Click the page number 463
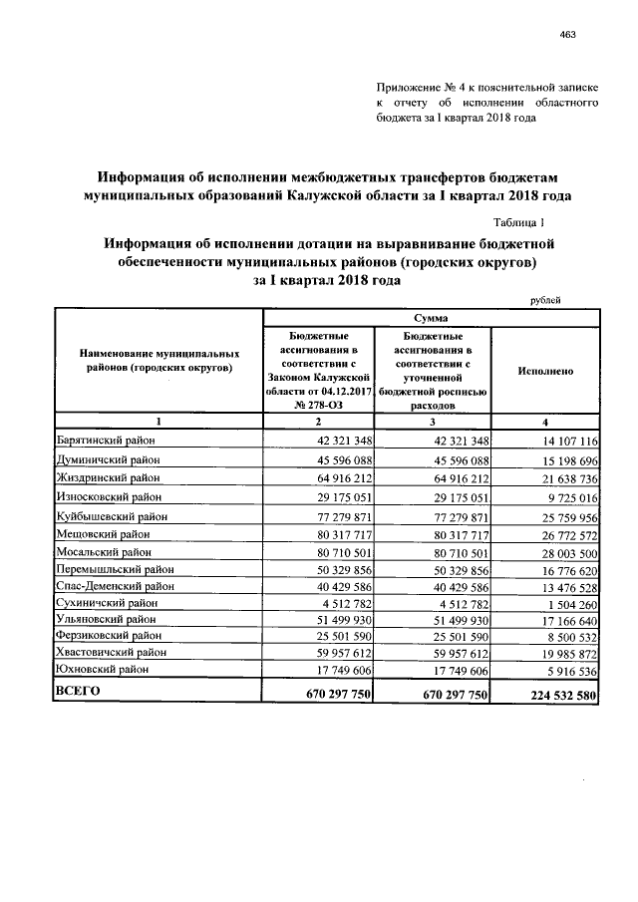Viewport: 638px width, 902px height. (x=568, y=35)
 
